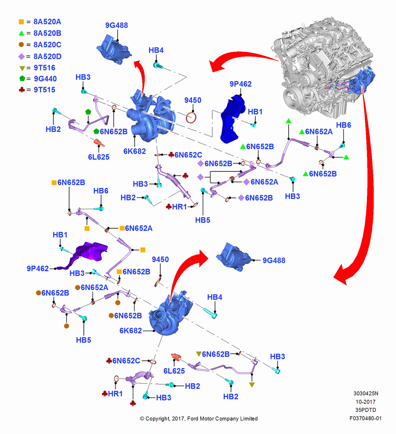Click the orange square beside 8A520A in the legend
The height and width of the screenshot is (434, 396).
click(x=21, y=22)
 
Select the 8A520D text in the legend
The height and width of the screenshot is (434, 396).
click(x=47, y=56)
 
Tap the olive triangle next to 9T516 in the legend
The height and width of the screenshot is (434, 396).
click(x=22, y=68)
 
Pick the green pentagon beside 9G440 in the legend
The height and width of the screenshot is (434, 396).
click(x=22, y=79)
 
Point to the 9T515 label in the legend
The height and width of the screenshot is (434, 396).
click(x=44, y=90)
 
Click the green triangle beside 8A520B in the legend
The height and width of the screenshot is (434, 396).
click(x=21, y=33)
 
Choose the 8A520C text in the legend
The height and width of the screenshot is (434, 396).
click(x=47, y=45)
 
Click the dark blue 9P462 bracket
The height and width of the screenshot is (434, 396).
click(x=232, y=119)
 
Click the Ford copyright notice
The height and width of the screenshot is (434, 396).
click(x=199, y=418)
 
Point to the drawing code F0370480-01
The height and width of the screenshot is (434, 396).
click(x=365, y=418)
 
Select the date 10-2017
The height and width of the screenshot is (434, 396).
click(x=366, y=401)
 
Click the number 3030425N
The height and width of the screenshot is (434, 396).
click(x=366, y=393)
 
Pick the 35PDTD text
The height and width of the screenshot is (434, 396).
click(x=366, y=410)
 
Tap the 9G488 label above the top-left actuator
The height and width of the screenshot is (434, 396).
click(x=116, y=25)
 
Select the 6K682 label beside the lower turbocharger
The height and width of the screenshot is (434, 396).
click(x=130, y=330)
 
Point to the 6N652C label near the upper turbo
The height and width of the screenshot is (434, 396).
click(x=188, y=155)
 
